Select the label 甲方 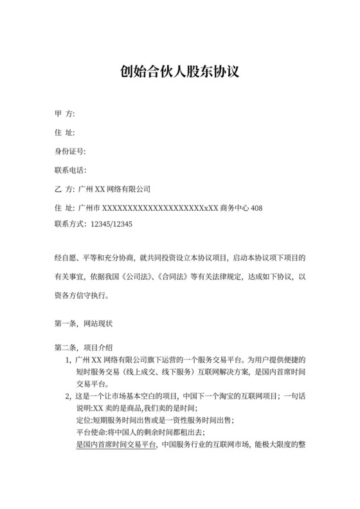pyautogui.click(x=64, y=114)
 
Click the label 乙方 pyautogui.click(x=64, y=190)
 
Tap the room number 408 pyautogui.click(x=256, y=208)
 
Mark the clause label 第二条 pyautogui.click(x=66, y=348)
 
